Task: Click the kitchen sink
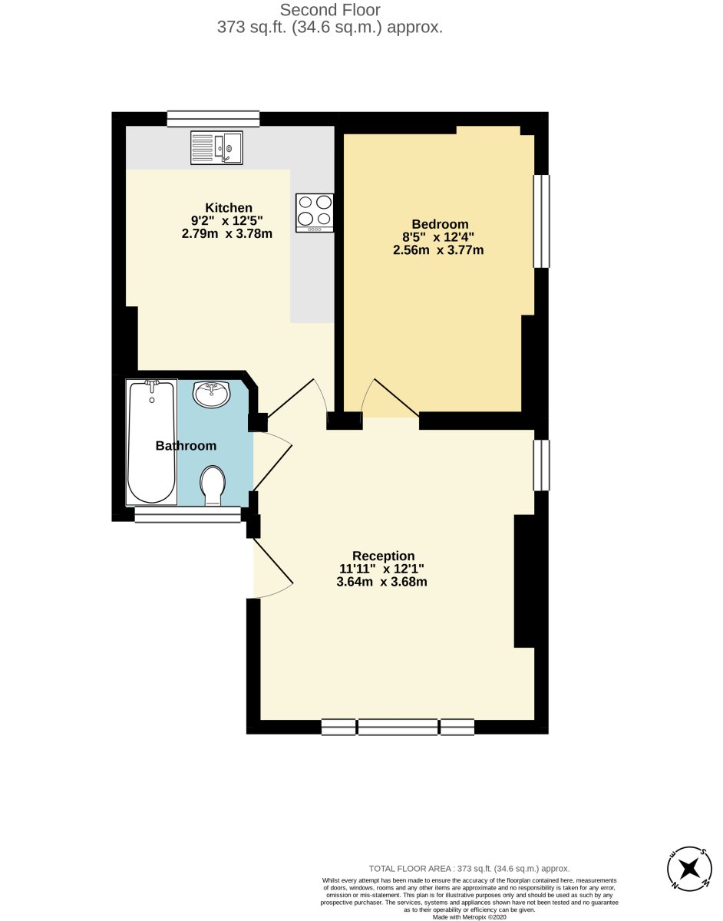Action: tap(216, 147)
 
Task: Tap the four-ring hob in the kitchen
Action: tap(315, 213)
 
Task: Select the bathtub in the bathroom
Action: tap(152, 442)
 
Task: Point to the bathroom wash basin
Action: tap(212, 393)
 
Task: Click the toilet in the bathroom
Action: tap(213, 486)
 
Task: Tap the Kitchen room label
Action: tap(229, 208)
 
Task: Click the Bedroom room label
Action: tap(440, 224)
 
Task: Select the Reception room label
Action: tap(383, 556)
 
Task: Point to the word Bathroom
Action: tap(186, 445)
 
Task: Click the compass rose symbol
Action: tap(689, 870)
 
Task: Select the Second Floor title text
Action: tap(330, 10)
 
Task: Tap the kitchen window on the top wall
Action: tap(213, 119)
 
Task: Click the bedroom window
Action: tap(541, 221)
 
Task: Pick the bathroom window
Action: tap(188, 514)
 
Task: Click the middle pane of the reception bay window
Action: tap(398, 727)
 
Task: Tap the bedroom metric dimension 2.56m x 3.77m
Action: tap(438, 250)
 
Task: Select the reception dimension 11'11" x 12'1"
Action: tap(381, 569)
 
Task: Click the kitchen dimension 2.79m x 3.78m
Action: tap(226, 233)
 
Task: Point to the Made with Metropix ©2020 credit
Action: tap(469, 916)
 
